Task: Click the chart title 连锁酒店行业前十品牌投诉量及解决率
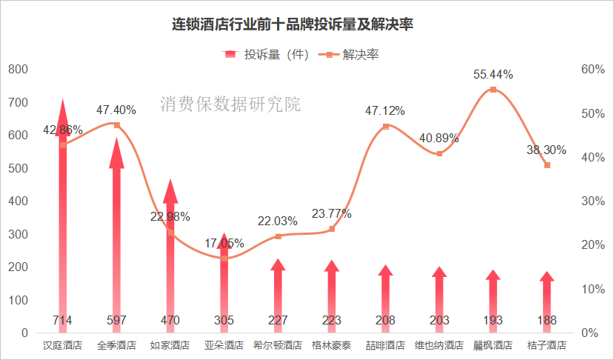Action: click(293, 24)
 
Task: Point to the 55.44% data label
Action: click(493, 74)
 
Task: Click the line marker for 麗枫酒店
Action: click(493, 90)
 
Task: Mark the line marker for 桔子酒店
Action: click(547, 165)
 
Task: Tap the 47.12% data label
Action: click(385, 111)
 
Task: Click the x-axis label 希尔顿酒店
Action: click(278, 345)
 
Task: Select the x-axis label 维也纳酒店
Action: click(439, 345)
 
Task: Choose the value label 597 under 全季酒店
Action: click(116, 320)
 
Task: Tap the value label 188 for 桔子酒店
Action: click(547, 320)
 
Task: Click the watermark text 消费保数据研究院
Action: click(230, 104)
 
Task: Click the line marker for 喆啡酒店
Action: click(385, 127)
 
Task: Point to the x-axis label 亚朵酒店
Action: click(224, 345)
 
